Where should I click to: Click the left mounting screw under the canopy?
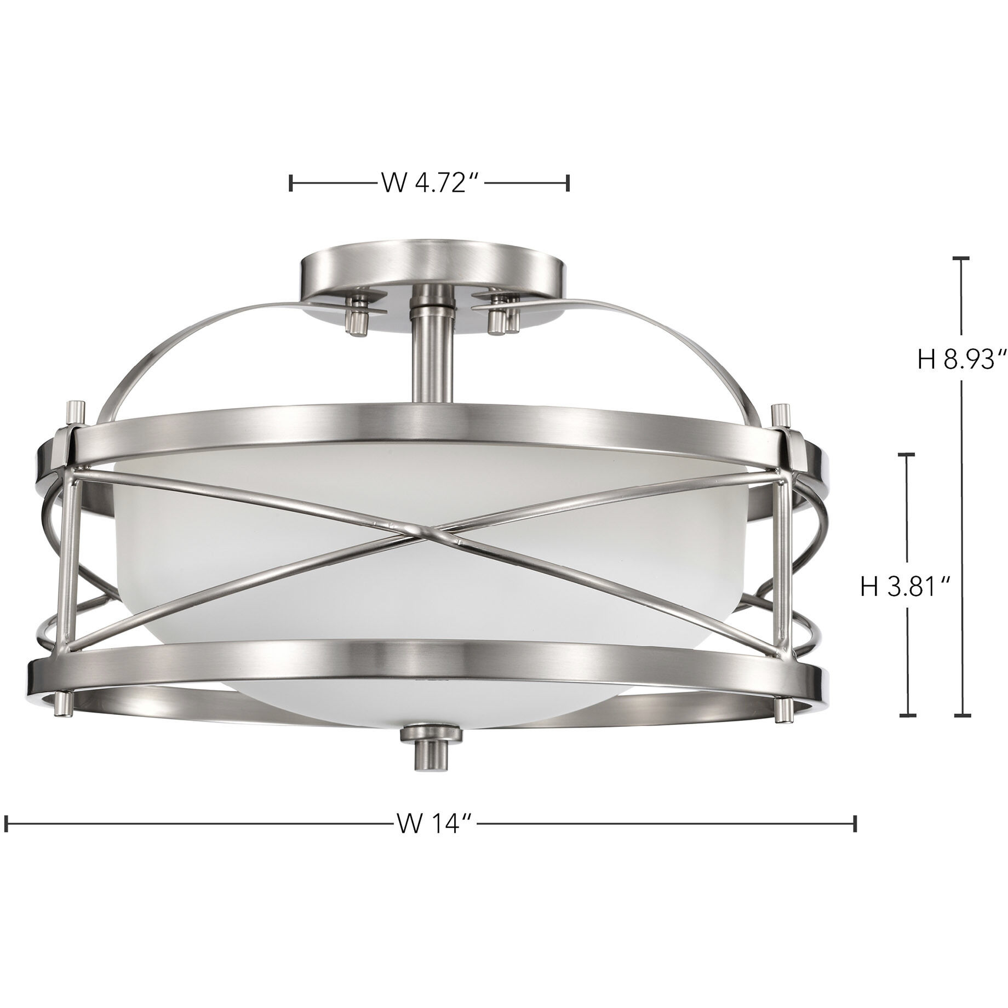(359, 320)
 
